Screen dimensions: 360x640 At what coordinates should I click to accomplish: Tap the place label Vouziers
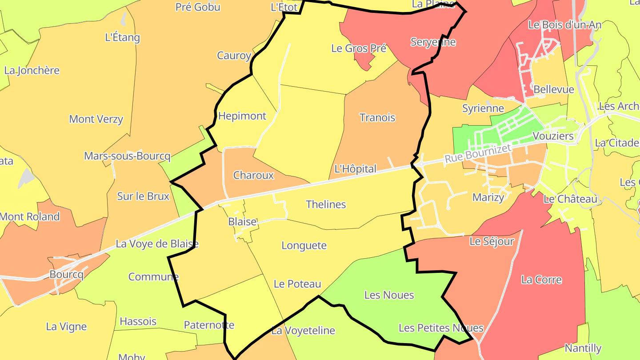553,136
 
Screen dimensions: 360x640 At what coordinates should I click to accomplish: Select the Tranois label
377,118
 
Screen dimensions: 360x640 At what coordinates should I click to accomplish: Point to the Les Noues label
389,295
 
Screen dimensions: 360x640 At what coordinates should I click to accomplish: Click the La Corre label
541,280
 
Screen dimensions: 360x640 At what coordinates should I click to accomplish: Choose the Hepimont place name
242,116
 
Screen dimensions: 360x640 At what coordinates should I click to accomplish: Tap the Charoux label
253,175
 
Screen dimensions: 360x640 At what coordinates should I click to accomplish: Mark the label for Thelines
326,204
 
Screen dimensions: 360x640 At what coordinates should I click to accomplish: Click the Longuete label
304,245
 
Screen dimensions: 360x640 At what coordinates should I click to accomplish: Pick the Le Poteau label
297,284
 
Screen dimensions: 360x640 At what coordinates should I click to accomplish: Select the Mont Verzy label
96,119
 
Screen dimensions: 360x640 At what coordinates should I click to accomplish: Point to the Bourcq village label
66,274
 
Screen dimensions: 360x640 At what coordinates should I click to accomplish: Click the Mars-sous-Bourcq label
127,156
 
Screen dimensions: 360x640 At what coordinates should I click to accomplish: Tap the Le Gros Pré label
359,48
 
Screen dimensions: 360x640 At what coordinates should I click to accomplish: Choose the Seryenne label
433,42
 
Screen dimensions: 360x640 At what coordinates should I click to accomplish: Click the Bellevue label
554,89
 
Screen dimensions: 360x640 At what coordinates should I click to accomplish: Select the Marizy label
488,197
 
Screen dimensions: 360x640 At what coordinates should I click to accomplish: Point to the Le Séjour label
492,241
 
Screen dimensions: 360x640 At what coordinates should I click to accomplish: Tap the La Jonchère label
32,70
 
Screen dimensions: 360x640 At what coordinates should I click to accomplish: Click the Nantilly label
583,348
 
